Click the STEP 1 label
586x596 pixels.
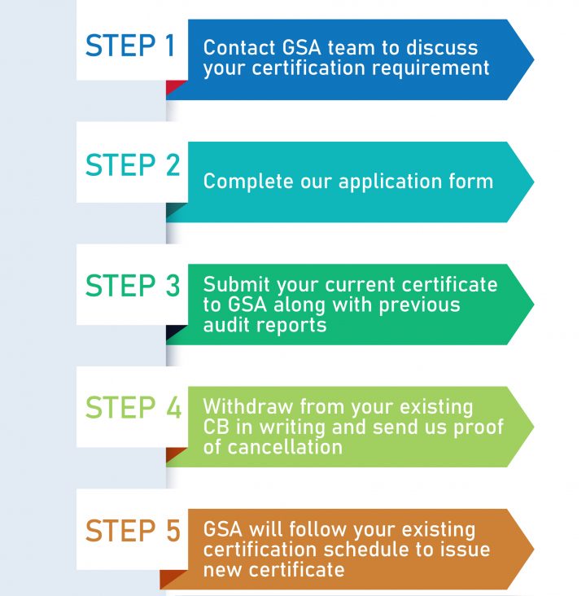click(130, 46)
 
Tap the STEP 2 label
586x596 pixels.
click(132, 166)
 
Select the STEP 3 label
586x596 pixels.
click(132, 287)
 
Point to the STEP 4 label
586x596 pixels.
click(132, 407)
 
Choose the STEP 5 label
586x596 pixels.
click(132, 531)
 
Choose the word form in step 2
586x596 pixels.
click(473, 181)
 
